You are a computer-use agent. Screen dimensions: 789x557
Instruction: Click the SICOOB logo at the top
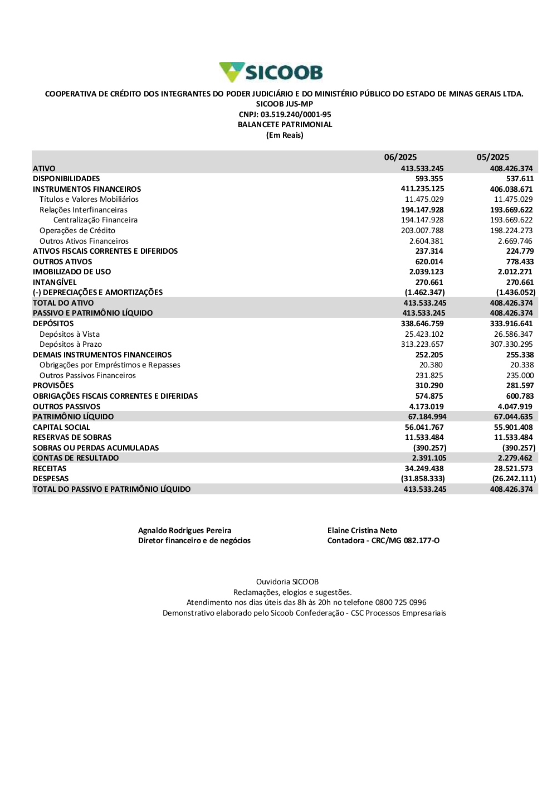click(271, 72)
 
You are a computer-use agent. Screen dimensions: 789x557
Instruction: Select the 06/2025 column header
click(400, 157)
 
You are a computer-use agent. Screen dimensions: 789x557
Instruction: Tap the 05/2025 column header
click(492, 157)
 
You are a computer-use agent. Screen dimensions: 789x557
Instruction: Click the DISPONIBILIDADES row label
click(66, 179)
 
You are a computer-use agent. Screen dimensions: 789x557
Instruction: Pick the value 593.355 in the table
click(429, 179)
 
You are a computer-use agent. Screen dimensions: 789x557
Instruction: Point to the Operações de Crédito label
click(77, 231)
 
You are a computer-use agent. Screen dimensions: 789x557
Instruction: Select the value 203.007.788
click(422, 231)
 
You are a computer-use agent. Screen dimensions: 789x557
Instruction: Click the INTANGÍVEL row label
click(55, 283)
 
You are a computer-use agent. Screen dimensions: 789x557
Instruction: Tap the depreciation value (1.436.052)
click(516, 293)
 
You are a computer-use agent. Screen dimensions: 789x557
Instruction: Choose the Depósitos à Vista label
click(70, 335)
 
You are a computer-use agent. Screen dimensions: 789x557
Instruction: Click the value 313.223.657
click(422, 345)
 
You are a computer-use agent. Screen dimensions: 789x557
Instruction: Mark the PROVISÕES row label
click(53, 386)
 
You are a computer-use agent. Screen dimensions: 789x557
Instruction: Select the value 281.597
click(520, 386)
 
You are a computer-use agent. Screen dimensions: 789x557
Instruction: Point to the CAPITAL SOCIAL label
click(61, 428)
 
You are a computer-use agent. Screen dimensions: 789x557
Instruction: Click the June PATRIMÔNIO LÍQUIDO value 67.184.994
click(427, 417)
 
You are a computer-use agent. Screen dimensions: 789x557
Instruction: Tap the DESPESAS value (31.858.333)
click(423, 479)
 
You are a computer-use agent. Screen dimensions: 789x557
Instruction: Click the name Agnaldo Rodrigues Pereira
click(184, 531)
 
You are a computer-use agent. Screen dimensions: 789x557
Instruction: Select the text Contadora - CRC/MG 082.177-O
click(383, 541)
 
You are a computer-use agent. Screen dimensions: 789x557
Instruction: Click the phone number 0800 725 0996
click(400, 603)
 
